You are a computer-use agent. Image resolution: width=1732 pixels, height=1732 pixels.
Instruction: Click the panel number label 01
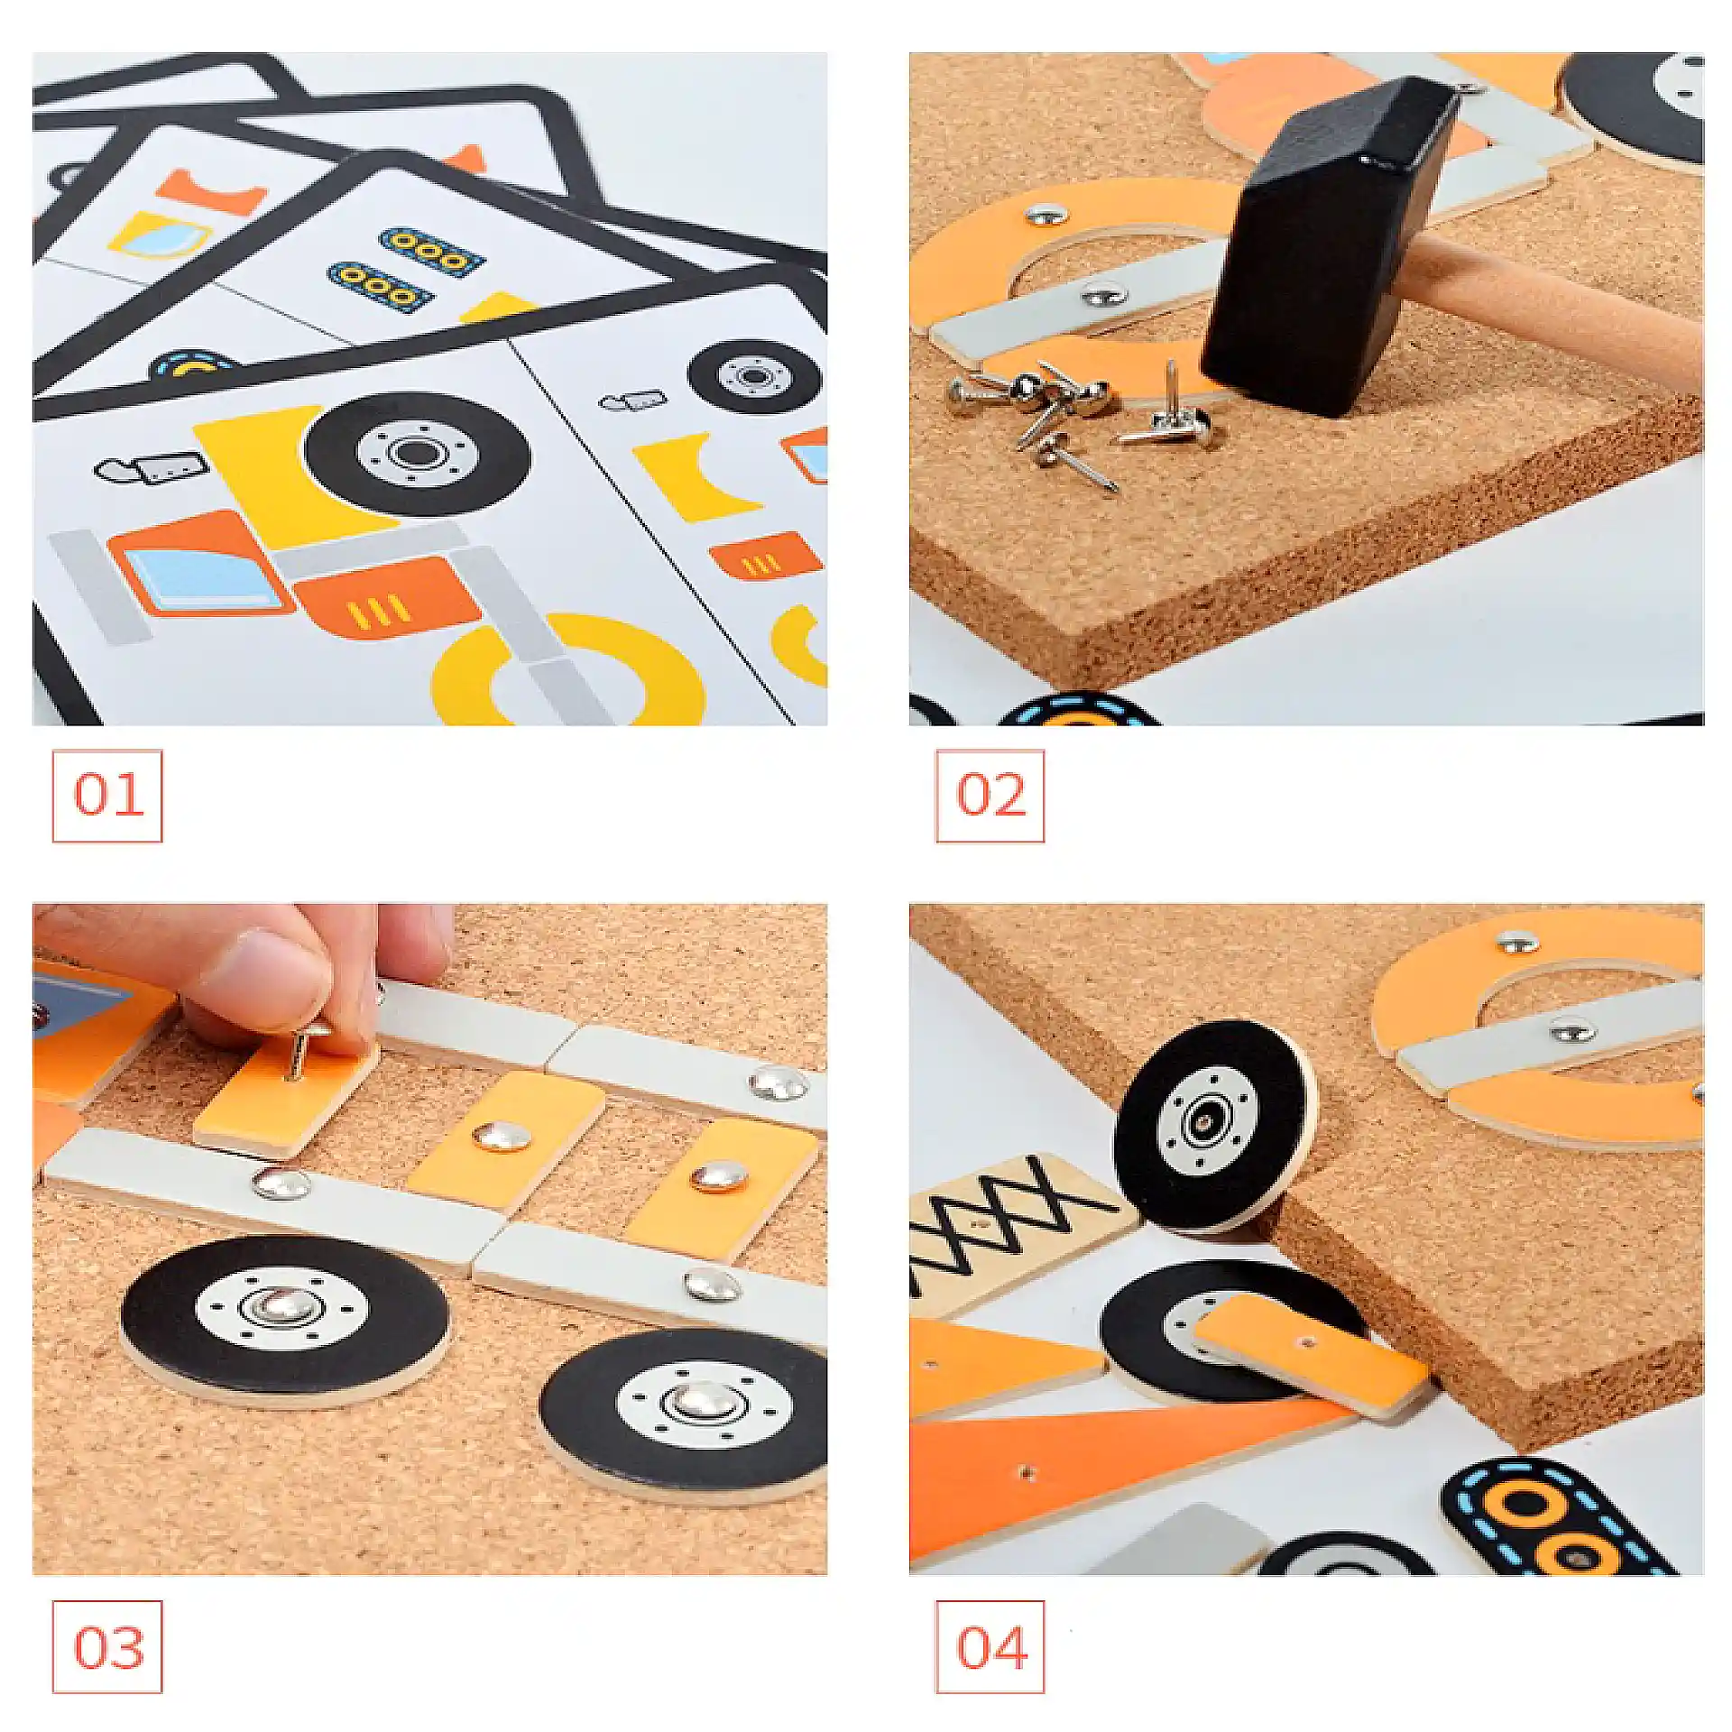pos(108,795)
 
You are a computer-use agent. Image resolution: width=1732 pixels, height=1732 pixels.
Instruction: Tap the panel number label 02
pos(990,795)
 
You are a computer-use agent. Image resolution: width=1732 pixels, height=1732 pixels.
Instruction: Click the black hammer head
pos(1331,248)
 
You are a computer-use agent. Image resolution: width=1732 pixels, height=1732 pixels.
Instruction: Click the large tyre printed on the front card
pos(417,453)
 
